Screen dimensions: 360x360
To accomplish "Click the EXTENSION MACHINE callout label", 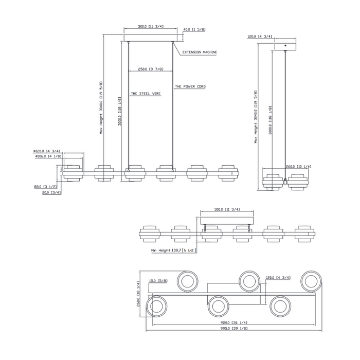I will pyautogui.click(x=200, y=52).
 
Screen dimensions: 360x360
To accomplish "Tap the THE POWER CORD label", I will pyautogui.click(x=190, y=86).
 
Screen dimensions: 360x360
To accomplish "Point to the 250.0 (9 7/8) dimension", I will pyautogui.click(x=149, y=69).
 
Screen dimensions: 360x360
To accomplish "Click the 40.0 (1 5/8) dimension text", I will pyautogui.click(x=195, y=30).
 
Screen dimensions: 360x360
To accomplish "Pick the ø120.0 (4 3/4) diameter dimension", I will pyautogui.click(x=47, y=151).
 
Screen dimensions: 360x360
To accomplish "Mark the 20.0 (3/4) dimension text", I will pyautogui.click(x=51, y=193).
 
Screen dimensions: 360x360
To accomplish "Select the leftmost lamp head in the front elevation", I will pyautogui.click(x=73, y=173).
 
